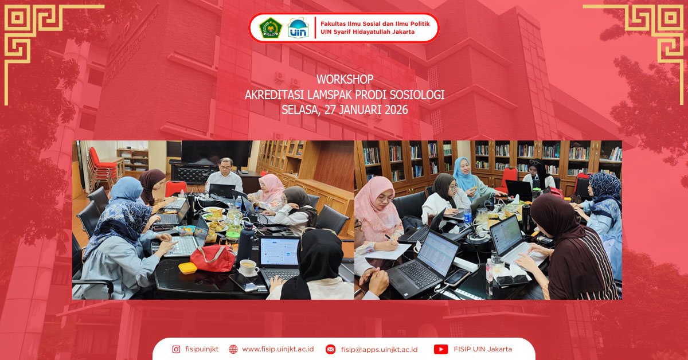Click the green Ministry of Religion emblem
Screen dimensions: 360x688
(x=271, y=28)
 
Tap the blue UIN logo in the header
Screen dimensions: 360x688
(x=298, y=28)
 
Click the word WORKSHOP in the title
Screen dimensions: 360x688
(x=345, y=79)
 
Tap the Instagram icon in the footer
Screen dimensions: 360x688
(x=176, y=349)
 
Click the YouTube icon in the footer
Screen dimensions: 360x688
(x=440, y=349)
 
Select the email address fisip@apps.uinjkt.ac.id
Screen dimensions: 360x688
(x=379, y=349)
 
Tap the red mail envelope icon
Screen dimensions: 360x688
(x=330, y=349)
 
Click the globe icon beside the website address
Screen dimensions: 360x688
(x=233, y=349)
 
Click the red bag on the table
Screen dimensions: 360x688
(x=212, y=257)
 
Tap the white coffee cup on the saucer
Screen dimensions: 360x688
(x=248, y=267)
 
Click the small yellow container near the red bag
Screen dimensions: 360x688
(x=187, y=268)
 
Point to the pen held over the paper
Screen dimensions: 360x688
(x=389, y=236)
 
